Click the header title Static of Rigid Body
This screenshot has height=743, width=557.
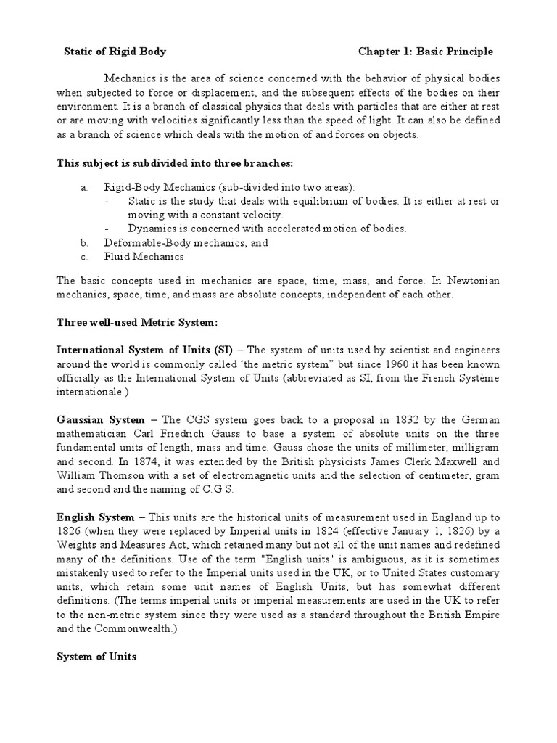[115, 52]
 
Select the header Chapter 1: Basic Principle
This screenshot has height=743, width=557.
[426, 52]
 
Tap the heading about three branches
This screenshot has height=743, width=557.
[175, 163]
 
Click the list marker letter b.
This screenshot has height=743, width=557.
[84, 242]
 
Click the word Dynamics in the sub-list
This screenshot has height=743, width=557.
[150, 229]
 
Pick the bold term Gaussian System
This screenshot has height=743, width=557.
[101, 419]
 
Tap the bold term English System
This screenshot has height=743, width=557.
[96, 517]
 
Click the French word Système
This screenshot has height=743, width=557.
[478, 377]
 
